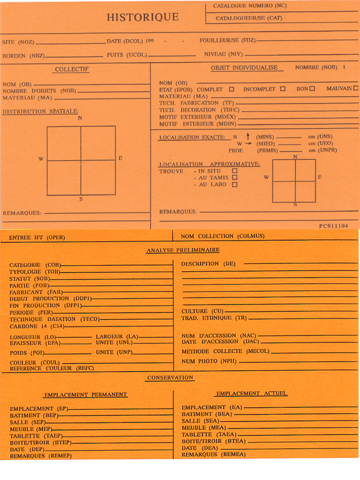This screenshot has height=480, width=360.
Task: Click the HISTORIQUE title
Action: click(x=142, y=17)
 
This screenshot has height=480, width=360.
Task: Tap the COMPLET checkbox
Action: click(x=231, y=89)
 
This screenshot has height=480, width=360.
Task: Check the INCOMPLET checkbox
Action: click(x=282, y=89)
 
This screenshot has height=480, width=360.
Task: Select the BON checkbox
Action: click(x=312, y=89)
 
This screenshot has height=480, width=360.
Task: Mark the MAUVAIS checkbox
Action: click(x=356, y=89)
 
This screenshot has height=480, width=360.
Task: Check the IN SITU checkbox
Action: click(x=235, y=171)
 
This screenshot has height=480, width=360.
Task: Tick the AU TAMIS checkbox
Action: click(x=235, y=178)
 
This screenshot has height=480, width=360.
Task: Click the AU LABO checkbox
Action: click(x=235, y=185)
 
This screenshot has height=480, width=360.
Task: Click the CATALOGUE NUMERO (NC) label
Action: click(x=246, y=6)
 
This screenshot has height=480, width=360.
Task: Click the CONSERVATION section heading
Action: click(x=170, y=377)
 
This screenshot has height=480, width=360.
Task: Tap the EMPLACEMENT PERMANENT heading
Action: click(x=85, y=394)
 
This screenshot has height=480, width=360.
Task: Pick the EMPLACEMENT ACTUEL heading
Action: click(x=251, y=394)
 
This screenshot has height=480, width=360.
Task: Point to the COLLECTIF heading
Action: click(x=71, y=70)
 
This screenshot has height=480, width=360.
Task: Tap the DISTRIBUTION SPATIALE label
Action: click(x=40, y=111)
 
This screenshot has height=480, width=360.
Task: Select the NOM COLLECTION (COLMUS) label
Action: click(x=223, y=236)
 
